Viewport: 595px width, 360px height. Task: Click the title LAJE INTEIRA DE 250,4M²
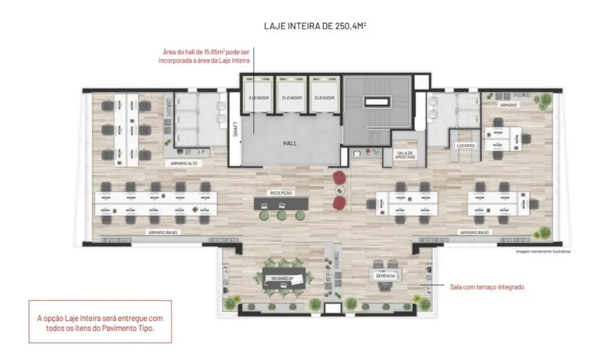(314, 25)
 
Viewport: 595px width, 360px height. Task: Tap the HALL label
(289, 143)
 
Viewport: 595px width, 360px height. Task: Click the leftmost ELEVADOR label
(259, 98)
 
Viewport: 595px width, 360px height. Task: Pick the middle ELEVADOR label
(292, 98)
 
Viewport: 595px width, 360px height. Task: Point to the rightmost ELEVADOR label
(325, 98)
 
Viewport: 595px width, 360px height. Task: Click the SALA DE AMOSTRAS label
(405, 155)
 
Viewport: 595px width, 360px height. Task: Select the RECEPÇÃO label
(281, 193)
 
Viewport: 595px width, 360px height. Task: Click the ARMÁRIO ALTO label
(184, 164)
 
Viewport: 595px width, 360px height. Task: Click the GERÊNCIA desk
(385, 275)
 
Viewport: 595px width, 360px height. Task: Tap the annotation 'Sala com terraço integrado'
(487, 287)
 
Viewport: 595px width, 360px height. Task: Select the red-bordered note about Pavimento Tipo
(100, 322)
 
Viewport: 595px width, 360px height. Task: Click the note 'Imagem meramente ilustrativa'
(542, 251)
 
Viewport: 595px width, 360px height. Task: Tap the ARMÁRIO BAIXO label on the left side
(163, 232)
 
